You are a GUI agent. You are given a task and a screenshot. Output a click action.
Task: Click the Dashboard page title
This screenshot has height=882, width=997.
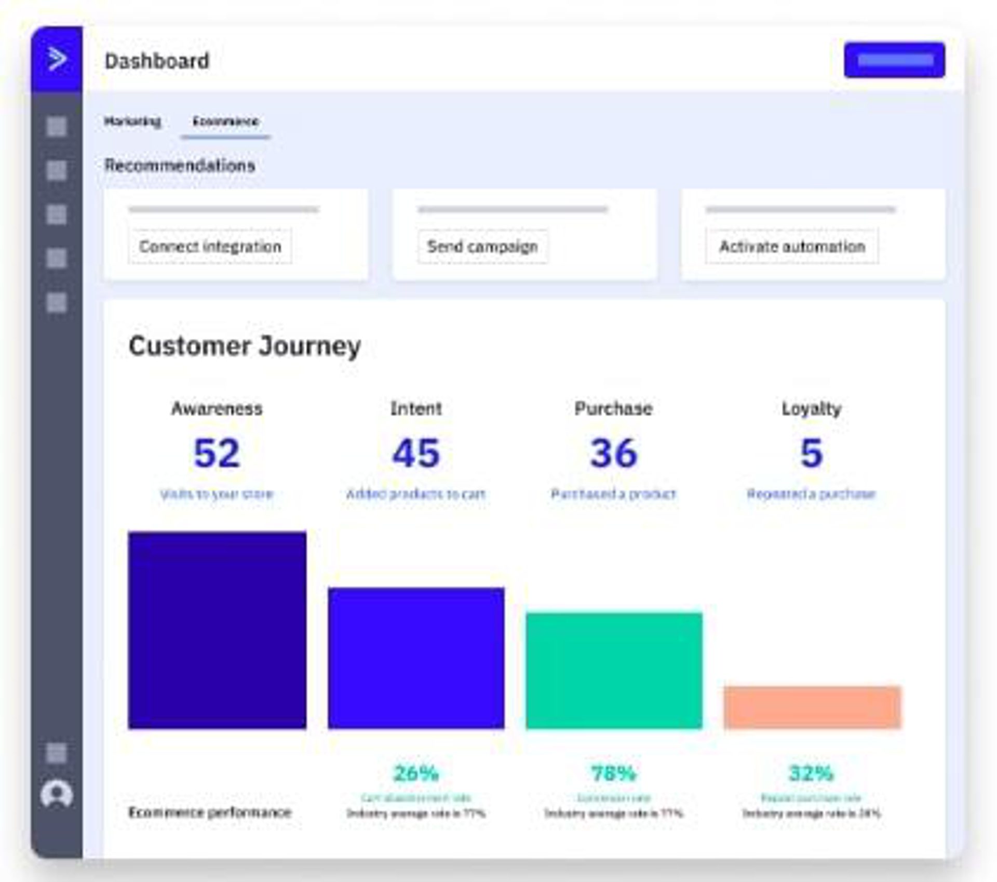[x=157, y=61]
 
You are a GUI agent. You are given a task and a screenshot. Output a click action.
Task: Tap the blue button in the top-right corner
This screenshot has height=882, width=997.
[x=894, y=60]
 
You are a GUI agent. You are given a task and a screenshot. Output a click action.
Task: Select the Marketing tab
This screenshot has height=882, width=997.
[x=132, y=122]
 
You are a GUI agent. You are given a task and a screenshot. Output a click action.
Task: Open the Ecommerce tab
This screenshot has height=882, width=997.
[x=225, y=122]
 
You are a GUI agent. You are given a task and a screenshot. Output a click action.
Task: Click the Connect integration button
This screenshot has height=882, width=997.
[x=210, y=246]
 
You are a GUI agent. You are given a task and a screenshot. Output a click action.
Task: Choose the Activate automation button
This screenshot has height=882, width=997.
[x=792, y=246]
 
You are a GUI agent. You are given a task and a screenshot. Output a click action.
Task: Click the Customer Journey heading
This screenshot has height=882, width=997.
[x=245, y=346]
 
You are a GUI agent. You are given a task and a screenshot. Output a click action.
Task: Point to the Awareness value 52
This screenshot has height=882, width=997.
[x=217, y=453]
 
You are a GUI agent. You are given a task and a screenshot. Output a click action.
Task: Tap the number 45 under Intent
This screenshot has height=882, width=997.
[x=415, y=453]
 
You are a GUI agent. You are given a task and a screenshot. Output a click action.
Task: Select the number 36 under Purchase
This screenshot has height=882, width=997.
[x=613, y=453]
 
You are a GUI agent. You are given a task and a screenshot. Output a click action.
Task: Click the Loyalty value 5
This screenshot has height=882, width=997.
[x=811, y=453]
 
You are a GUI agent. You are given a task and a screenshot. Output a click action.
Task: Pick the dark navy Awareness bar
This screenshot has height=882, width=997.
[x=217, y=630]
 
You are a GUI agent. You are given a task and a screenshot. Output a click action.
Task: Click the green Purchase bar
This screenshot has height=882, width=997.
[x=614, y=671]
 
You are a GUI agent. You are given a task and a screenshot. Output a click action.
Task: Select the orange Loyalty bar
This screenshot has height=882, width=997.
[x=812, y=707]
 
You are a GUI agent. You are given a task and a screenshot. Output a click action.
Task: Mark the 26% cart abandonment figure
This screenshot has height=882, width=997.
[x=416, y=773]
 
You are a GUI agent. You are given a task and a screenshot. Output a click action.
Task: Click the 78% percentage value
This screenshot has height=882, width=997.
[x=613, y=773]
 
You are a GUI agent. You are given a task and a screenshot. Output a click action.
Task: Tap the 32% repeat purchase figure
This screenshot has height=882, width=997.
[x=811, y=773]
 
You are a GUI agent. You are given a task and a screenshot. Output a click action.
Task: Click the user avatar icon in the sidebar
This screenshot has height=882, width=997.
[x=57, y=794]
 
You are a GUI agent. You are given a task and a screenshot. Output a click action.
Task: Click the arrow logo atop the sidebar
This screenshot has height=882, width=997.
[x=57, y=59]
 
